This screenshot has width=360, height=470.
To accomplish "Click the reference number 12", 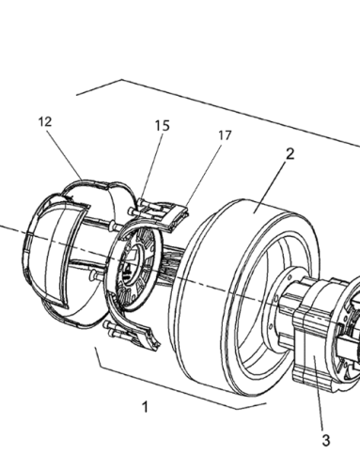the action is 45,122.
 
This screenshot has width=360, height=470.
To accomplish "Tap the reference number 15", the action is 163,126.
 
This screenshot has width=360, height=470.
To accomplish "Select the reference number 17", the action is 225,135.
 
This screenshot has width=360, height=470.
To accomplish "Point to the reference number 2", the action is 290,154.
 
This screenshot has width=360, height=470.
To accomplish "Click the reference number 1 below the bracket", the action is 145,407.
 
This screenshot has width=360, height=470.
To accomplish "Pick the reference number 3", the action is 326,441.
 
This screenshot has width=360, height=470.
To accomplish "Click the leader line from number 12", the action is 65,154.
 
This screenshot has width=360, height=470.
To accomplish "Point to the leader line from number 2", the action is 270,187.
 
